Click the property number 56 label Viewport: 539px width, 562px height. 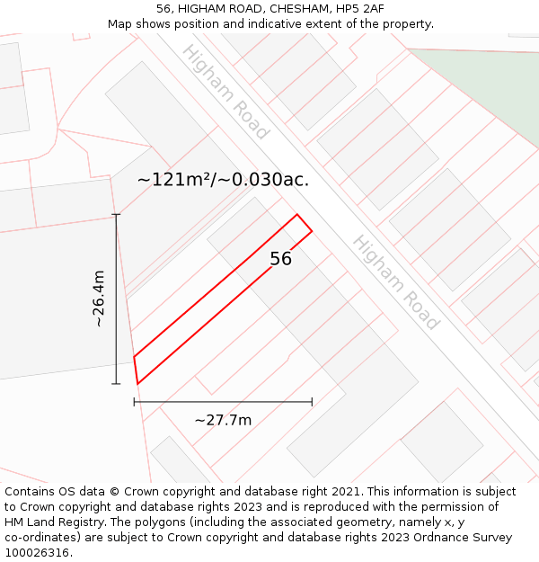pyautogui.click(x=280, y=259)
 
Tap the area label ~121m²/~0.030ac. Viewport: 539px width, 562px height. pyautogui.click(x=223, y=180)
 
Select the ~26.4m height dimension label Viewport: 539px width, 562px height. pyautogui.click(x=99, y=299)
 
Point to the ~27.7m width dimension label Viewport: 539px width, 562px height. pyautogui.click(x=223, y=420)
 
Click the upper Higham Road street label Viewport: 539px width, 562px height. pyautogui.click(x=225, y=92)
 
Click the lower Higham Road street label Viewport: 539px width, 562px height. pyautogui.click(x=395, y=282)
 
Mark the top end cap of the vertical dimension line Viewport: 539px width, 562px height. pyautogui.click(x=116, y=215)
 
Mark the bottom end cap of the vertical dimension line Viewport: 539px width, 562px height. pyautogui.click(x=116, y=384)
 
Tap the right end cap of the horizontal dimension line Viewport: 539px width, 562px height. pyautogui.click(x=312, y=402)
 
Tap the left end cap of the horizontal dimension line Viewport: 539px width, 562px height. pyautogui.click(x=135, y=402)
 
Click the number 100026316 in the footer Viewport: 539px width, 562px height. pyautogui.click(x=36, y=553)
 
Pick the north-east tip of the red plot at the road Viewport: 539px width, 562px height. pyautogui.click(x=297, y=215)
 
